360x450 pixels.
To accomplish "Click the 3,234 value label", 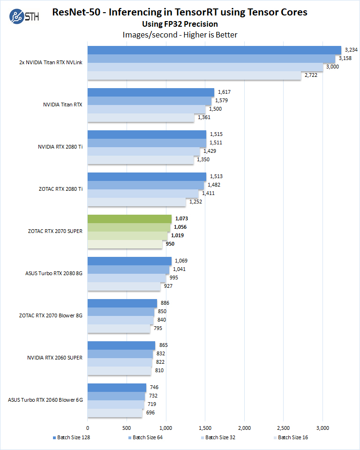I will [351, 50].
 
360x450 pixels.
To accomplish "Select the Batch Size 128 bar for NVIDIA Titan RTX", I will [150, 92].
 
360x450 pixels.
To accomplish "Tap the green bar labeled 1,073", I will [129, 219].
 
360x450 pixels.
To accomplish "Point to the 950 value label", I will [170, 244].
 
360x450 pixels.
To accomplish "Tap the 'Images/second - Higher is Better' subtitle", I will [180, 34].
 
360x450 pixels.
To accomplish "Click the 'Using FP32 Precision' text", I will [180, 24].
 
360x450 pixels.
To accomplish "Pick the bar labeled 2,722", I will [194, 75].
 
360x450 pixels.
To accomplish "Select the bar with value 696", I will [115, 413].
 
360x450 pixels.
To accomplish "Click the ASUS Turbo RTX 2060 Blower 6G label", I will [45, 400].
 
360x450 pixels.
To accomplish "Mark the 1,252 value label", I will [195, 202].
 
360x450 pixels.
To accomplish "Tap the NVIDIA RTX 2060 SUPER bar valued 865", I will [121, 345].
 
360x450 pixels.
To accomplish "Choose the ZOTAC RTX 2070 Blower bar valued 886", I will [122, 303].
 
